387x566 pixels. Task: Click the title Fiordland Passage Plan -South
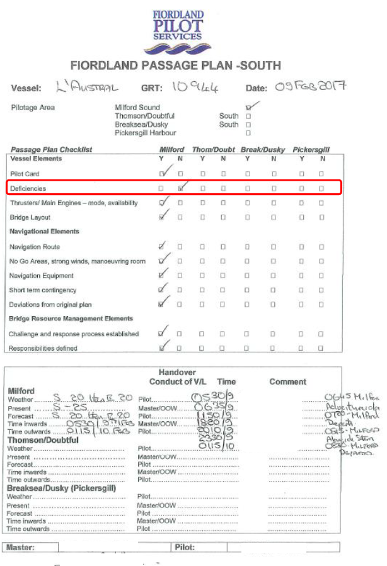tap(175, 65)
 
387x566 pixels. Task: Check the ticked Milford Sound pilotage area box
tap(248, 108)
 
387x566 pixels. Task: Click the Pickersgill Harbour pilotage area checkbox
tap(248, 133)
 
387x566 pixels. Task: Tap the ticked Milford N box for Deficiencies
tap(181, 188)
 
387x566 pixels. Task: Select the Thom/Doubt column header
tap(214, 149)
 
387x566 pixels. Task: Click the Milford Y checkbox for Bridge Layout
tap(162, 217)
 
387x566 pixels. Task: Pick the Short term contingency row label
tap(43, 290)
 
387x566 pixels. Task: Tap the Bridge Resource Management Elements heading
tap(71, 319)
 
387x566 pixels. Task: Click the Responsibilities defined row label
tap(43, 348)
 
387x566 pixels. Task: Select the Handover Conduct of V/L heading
tap(177, 376)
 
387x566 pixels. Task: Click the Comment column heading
tap(288, 382)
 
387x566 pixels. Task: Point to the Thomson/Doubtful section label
tap(42, 440)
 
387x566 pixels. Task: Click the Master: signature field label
tap(20, 547)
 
